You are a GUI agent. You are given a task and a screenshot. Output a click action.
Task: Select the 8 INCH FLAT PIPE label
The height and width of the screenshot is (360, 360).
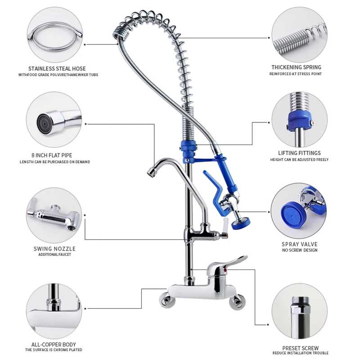click(54, 155)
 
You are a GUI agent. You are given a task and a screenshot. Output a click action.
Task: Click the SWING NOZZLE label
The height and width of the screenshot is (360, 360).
click(54, 248)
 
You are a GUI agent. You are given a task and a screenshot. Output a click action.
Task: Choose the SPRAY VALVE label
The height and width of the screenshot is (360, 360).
click(299, 244)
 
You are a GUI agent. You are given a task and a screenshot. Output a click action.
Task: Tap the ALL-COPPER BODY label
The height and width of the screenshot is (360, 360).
click(54, 344)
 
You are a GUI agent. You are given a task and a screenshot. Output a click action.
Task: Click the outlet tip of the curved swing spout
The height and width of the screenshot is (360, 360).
click(151, 171)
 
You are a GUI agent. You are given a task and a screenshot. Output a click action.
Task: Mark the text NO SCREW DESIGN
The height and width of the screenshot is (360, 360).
click(299, 251)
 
